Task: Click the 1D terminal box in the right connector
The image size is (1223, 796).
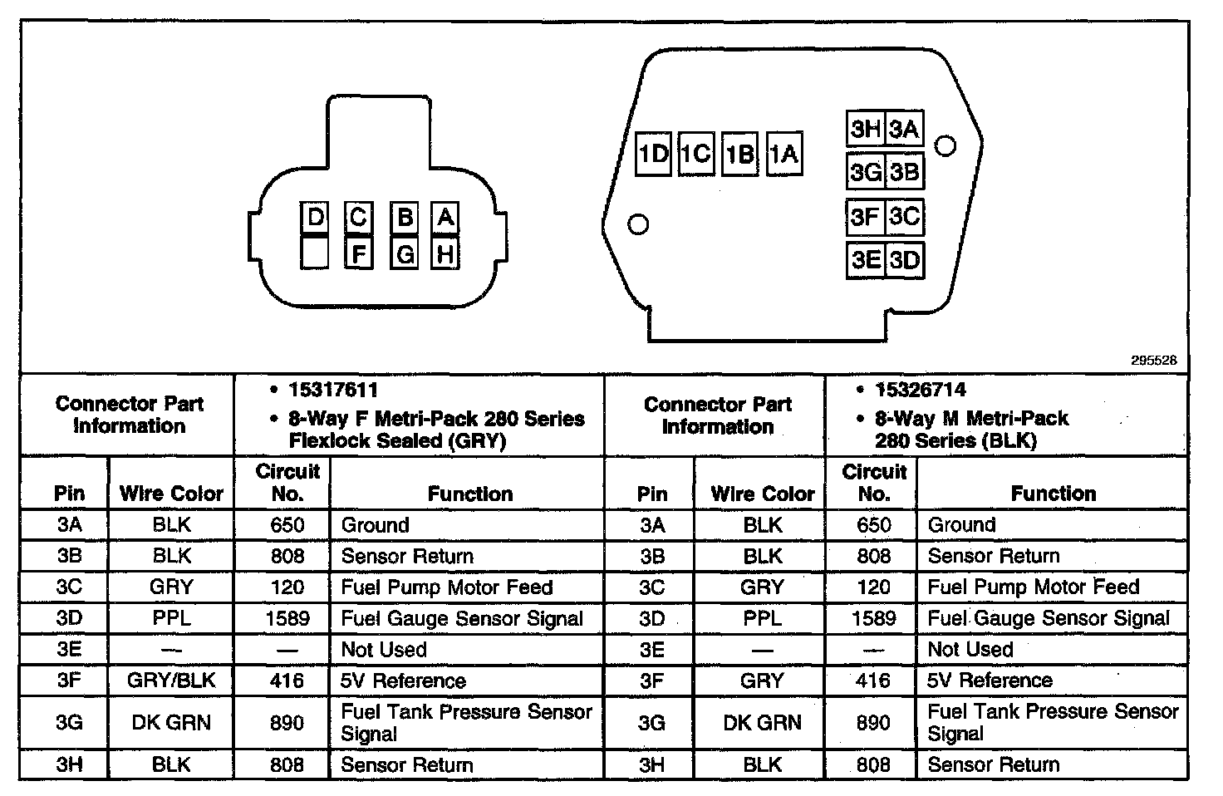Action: click(x=653, y=154)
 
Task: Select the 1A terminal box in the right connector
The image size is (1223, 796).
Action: click(x=783, y=154)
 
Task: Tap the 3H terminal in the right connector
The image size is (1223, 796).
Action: click(x=865, y=129)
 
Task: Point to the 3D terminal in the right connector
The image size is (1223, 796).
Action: click(x=905, y=260)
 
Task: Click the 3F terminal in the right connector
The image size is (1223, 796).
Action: click(x=865, y=217)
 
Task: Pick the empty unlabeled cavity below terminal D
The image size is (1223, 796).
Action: click(x=315, y=253)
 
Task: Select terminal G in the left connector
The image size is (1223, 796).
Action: click(x=405, y=253)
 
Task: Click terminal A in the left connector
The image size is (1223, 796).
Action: click(x=445, y=218)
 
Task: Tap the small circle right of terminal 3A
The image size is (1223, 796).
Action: click(x=945, y=145)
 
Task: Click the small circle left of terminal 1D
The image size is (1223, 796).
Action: click(x=638, y=224)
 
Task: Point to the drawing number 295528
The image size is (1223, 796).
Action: click(x=1153, y=361)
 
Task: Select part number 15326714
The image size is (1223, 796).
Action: click(x=920, y=390)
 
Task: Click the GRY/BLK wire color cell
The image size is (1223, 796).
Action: click(x=171, y=681)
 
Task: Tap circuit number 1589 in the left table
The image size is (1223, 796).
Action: click(x=287, y=618)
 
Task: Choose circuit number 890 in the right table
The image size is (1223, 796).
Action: click(x=873, y=722)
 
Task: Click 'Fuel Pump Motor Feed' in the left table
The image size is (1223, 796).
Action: click(x=446, y=587)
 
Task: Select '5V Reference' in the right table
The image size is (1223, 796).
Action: click(x=990, y=681)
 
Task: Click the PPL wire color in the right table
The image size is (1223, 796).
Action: click(x=762, y=618)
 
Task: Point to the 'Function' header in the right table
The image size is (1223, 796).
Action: click(x=1053, y=494)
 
